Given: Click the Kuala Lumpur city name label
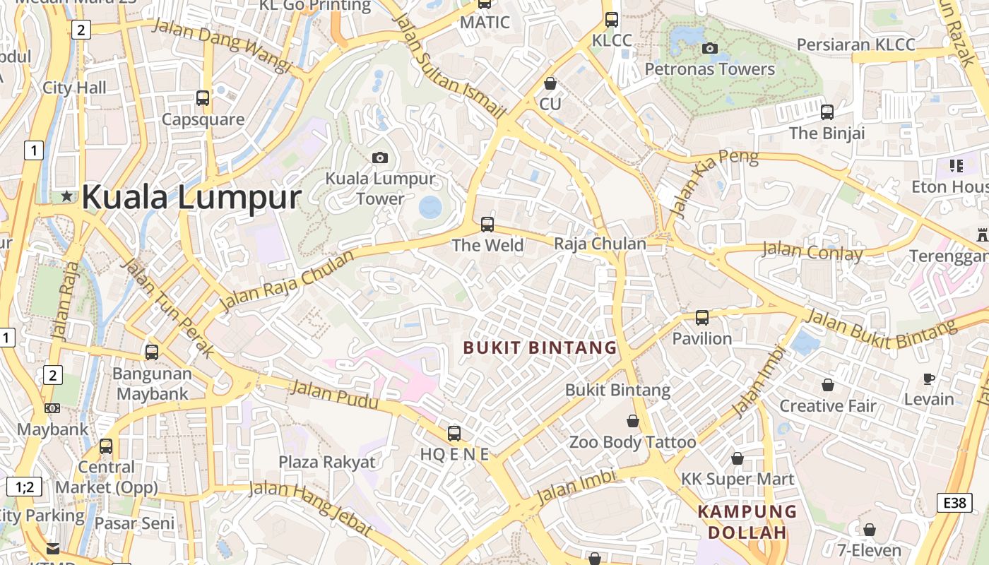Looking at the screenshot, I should pos(191,197).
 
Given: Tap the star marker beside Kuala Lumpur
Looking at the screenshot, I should pos(67,196).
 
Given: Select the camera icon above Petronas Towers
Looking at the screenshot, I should pos(710,48).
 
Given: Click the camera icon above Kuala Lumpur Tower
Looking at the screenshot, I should pos(380,157).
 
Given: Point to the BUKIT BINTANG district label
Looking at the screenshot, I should pos(540,347).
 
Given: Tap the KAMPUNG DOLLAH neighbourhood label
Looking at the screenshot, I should pos(747,522).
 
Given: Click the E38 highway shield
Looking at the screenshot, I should pos(954,502).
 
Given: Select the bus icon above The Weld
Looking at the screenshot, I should pos(487,225).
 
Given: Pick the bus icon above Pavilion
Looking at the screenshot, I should pos(701,318).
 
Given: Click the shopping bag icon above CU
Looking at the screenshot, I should pos(550,83).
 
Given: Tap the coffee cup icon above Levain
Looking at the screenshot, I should pos(929,379).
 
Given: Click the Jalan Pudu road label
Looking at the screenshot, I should pos(335,396).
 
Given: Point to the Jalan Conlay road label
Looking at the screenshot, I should pos(812,251).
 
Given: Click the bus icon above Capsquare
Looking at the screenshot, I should pos(203,98).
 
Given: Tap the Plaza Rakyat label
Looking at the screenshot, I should pos(327,462).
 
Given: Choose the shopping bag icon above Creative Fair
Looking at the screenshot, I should pos(827,385).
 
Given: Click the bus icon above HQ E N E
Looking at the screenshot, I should pos(454,433).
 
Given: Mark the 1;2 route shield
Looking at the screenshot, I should pos(24,487).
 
